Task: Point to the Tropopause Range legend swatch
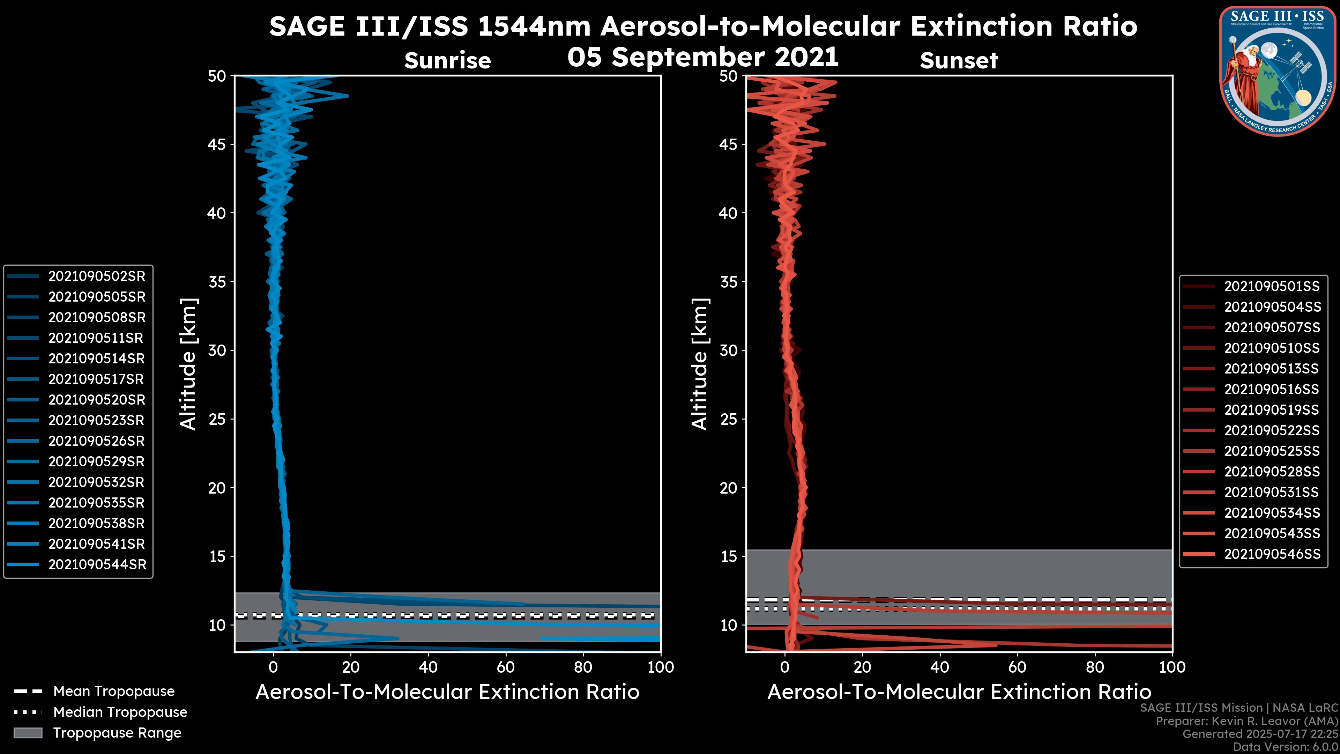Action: pos(28,733)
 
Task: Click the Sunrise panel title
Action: pos(447,61)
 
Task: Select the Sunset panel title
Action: pos(959,61)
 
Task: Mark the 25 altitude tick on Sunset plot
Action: pos(729,419)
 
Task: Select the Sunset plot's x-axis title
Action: pos(959,692)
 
